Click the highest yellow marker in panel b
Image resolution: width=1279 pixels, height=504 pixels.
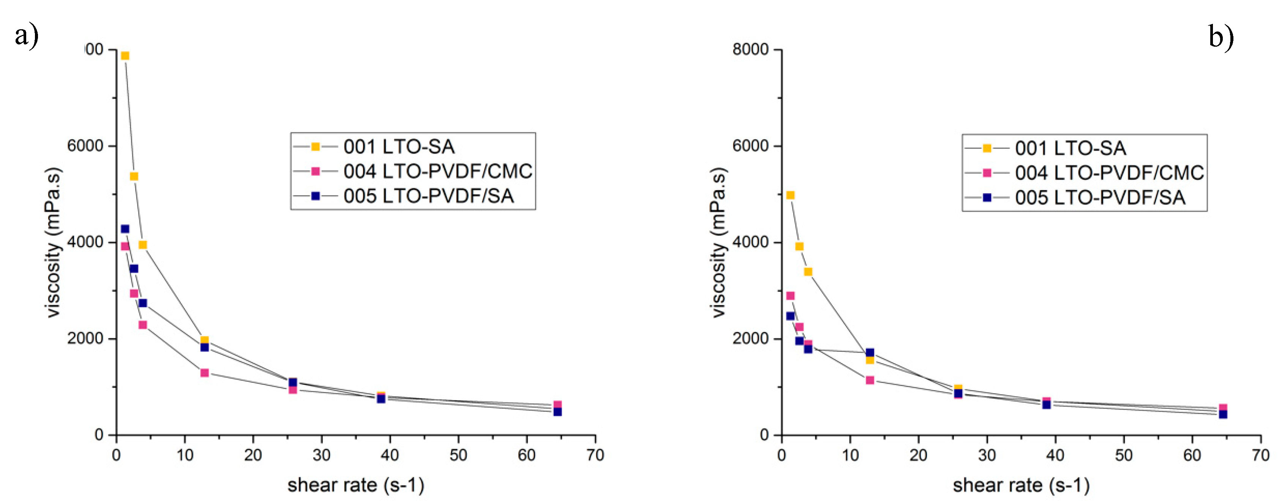click(x=790, y=195)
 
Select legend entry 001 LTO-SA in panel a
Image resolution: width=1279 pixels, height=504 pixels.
click(x=399, y=147)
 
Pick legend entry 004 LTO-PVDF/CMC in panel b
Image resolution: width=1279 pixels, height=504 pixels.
click(x=1109, y=173)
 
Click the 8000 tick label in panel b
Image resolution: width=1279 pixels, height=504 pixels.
click(x=750, y=50)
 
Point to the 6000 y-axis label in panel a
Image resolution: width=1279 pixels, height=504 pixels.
click(x=85, y=146)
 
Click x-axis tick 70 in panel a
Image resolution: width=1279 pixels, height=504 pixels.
click(x=595, y=455)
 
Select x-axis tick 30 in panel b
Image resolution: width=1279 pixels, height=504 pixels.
click(x=987, y=455)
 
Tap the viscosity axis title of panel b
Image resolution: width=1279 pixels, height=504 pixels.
click(x=718, y=243)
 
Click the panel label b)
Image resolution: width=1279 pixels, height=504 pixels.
click(x=1221, y=37)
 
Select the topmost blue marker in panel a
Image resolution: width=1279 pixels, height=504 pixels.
click(x=125, y=229)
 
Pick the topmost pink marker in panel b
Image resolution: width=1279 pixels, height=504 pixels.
click(x=790, y=296)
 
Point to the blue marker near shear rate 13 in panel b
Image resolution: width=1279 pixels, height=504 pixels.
click(x=870, y=353)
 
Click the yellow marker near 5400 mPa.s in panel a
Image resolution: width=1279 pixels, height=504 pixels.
click(x=134, y=176)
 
